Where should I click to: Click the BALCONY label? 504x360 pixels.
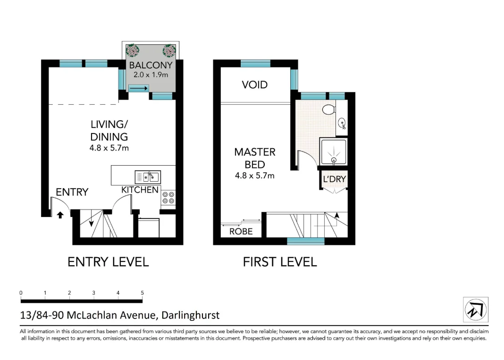(x=151, y=65)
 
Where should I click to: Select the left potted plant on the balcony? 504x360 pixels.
(x=133, y=50)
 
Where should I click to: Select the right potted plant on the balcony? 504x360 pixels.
(x=169, y=50)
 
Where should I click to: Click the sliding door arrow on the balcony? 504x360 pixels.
(x=139, y=88)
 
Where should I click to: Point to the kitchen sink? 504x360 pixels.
(x=148, y=177)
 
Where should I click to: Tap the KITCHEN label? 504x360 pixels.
(x=140, y=190)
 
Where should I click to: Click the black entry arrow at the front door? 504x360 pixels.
(x=60, y=215)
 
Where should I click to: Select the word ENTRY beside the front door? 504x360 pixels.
(x=72, y=192)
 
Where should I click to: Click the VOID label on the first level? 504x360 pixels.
(x=254, y=85)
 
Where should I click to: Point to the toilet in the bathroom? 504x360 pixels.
(x=328, y=110)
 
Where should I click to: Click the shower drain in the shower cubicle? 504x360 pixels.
(x=334, y=160)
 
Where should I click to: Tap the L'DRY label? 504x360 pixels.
(x=334, y=179)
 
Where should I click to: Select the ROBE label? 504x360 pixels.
(x=241, y=232)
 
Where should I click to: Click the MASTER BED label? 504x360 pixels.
(x=255, y=159)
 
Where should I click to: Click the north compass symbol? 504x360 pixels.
(x=476, y=310)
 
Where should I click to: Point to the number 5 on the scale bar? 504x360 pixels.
(x=142, y=293)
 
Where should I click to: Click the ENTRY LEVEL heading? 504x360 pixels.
(x=108, y=262)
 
